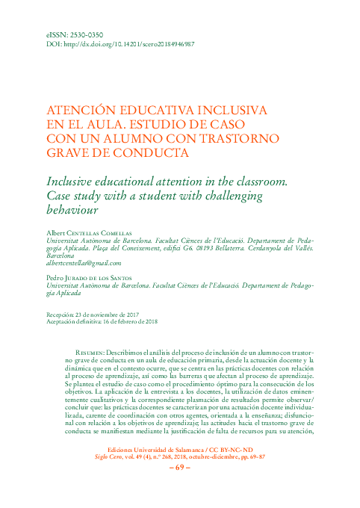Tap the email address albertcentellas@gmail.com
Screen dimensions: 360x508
pyautogui.click(x=83, y=263)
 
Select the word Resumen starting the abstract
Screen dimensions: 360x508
pyautogui.click(x=89, y=351)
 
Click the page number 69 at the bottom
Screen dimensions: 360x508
pyautogui.click(x=180, y=489)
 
